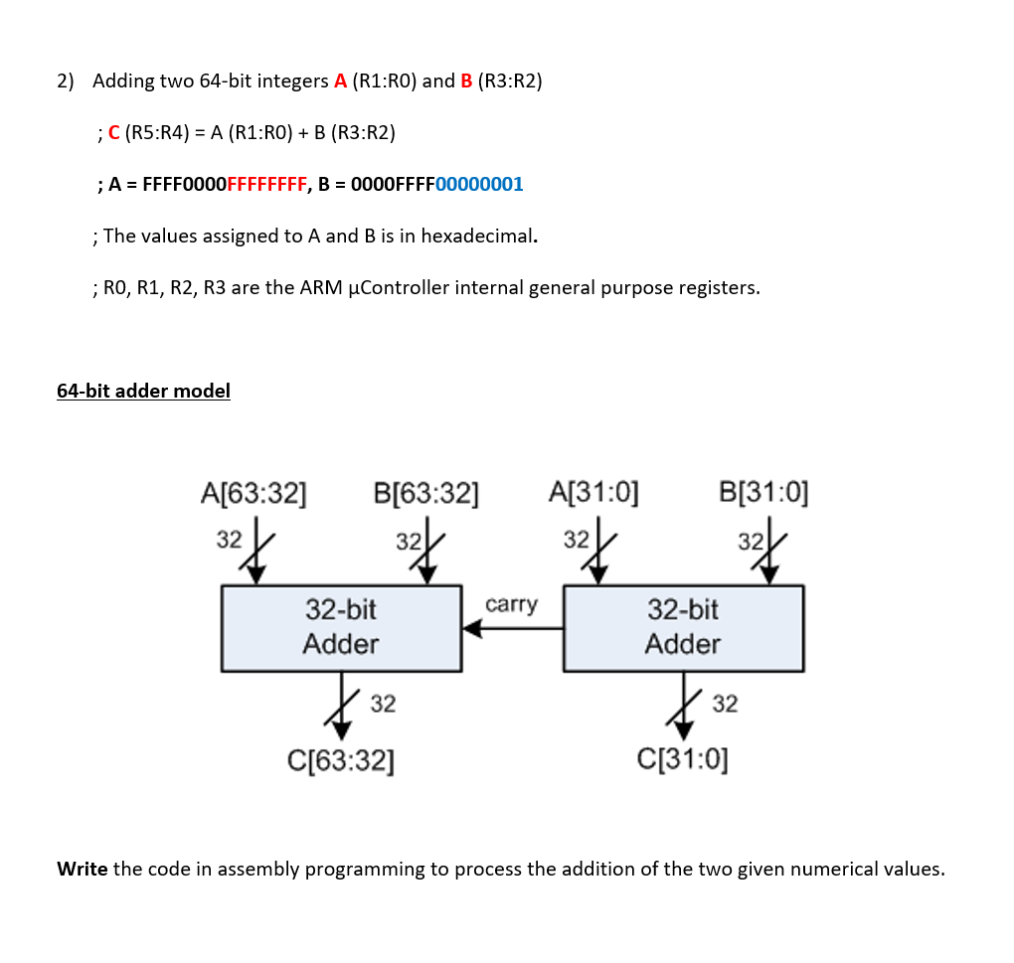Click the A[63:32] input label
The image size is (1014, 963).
[x=253, y=492]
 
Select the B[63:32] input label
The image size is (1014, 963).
[x=426, y=492]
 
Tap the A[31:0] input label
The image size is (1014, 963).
[x=593, y=492]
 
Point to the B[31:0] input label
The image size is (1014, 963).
[x=763, y=492]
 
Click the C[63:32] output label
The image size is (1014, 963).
[x=340, y=762]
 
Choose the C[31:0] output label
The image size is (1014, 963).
[x=682, y=762]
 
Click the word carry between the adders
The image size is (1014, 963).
[x=511, y=604]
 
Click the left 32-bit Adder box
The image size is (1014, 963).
[x=341, y=628]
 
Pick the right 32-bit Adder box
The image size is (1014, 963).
[x=683, y=628]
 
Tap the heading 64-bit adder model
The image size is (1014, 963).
[x=143, y=391]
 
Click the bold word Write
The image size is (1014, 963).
[x=83, y=869]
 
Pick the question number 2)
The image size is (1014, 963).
[x=66, y=80]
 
